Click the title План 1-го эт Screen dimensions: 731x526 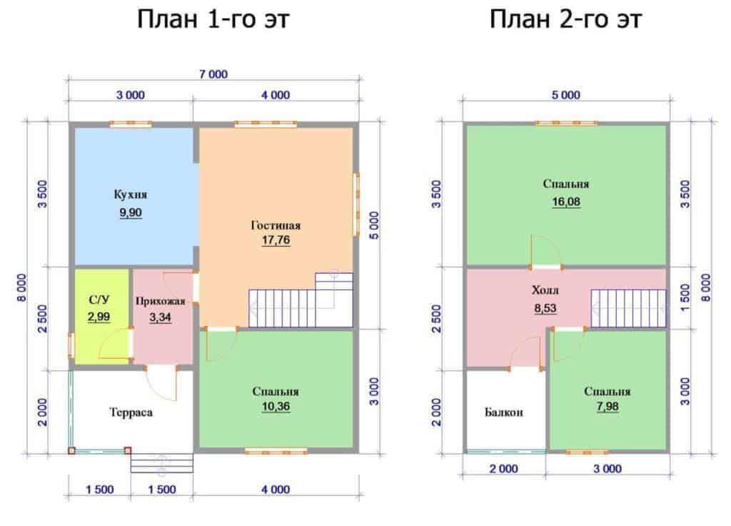click(213, 19)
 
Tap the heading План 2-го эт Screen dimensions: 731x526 click(565, 19)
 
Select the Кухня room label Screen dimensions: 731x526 click(131, 194)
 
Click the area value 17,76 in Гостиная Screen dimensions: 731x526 click(276, 240)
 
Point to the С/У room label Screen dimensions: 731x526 click(99, 299)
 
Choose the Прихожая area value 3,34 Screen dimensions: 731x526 click(160, 318)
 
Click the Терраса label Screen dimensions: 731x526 click(131, 412)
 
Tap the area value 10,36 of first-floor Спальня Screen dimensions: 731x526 click(276, 407)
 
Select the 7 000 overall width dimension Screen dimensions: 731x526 click(213, 74)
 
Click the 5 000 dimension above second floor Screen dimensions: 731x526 click(565, 95)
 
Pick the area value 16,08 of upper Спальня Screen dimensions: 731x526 click(566, 202)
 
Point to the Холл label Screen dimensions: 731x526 click(545, 290)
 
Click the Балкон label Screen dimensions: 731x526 click(503, 412)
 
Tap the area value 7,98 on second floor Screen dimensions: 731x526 click(607, 407)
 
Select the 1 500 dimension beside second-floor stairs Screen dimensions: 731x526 click(685, 298)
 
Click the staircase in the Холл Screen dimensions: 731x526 click(628, 309)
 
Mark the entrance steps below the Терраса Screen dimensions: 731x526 click(161, 463)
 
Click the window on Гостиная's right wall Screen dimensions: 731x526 click(357, 204)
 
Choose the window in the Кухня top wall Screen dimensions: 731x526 click(131, 124)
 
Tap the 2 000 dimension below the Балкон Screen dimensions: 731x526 click(503, 469)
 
